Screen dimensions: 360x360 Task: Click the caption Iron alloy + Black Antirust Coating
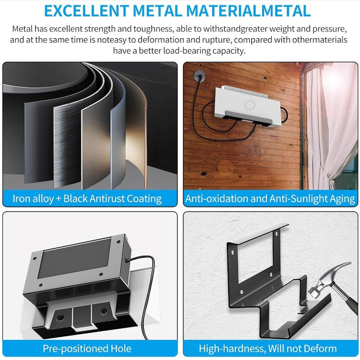point(87,199)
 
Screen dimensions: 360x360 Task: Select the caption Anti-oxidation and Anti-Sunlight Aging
point(270,199)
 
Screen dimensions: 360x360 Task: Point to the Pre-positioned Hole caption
point(87,348)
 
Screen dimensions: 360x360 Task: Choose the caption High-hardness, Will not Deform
point(267,348)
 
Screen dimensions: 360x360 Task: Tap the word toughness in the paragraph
point(151,29)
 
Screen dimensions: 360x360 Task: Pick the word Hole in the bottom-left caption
point(120,348)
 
